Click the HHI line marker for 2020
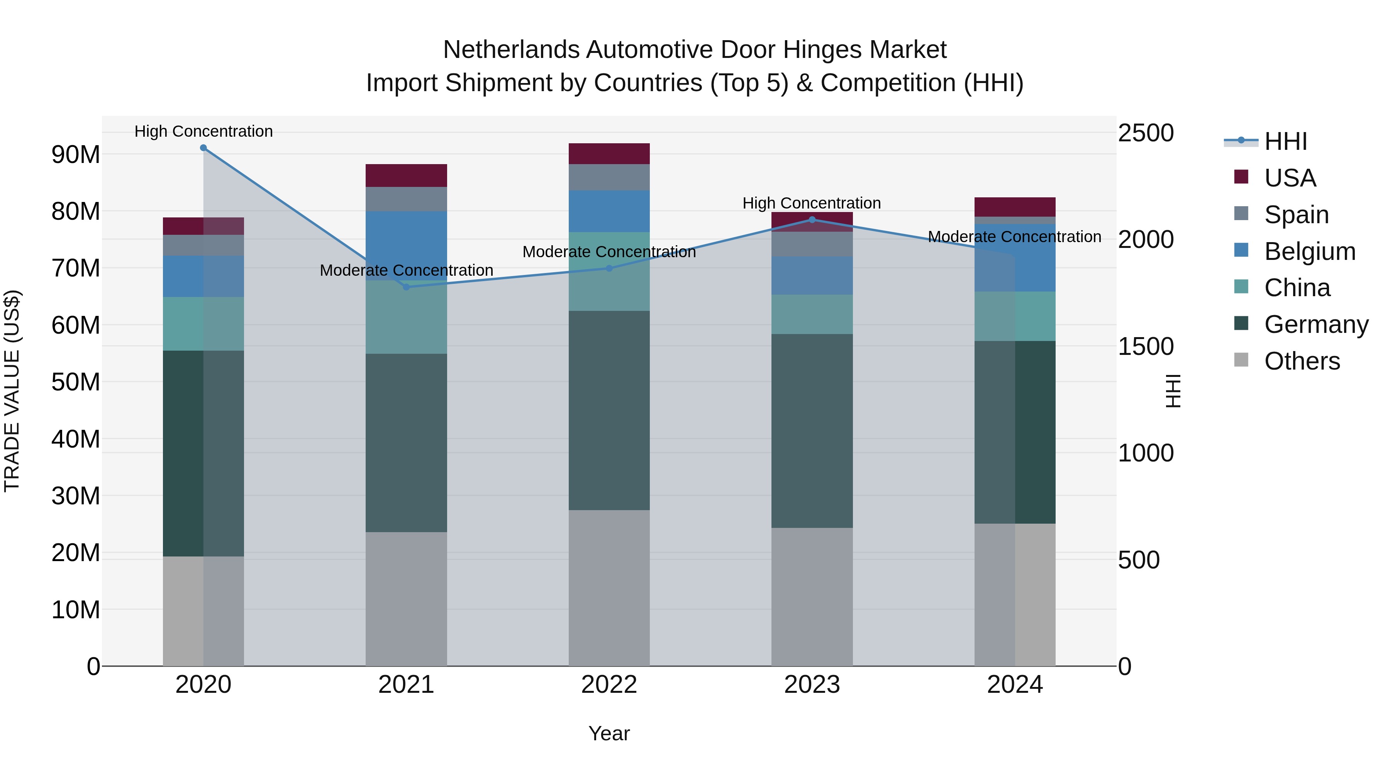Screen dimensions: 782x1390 (x=203, y=148)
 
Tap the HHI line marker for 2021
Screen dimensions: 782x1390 (x=406, y=287)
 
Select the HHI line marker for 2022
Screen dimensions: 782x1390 (x=609, y=268)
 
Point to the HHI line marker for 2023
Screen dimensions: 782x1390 (x=812, y=220)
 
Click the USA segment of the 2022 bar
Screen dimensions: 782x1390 (x=609, y=154)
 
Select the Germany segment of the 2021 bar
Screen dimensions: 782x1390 (x=406, y=443)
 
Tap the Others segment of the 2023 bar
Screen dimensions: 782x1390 (x=812, y=596)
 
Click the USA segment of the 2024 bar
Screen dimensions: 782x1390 (x=1015, y=207)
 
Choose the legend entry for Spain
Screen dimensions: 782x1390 (x=1296, y=215)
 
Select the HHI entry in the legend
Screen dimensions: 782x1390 (x=1285, y=141)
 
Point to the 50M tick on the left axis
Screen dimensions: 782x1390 (x=76, y=382)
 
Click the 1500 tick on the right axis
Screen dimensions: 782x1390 (x=1145, y=346)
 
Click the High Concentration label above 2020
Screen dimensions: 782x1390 (x=203, y=131)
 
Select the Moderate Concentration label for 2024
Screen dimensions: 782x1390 (x=1014, y=237)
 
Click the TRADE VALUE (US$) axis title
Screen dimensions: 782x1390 (x=12, y=391)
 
